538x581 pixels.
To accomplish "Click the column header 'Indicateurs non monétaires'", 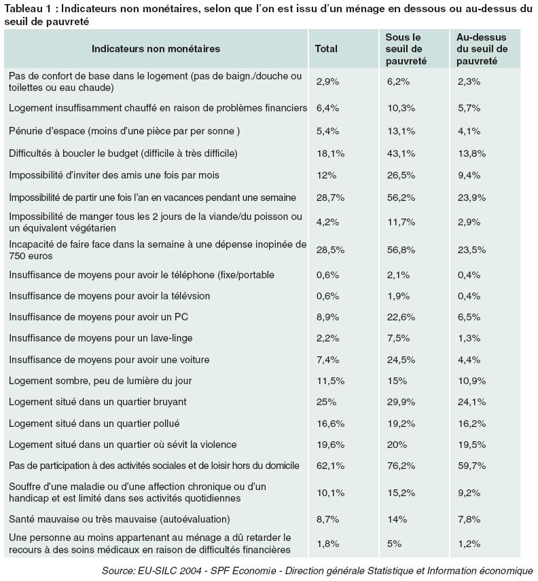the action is [x=156, y=49].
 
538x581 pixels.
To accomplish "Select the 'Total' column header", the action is [x=326, y=49].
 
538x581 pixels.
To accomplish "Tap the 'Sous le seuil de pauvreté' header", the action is [x=406, y=49].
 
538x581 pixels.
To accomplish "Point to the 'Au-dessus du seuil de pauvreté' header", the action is [x=482, y=49].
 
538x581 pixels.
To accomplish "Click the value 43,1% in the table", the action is [x=401, y=153].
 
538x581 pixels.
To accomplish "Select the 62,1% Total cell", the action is [x=330, y=466].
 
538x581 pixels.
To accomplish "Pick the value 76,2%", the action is [x=401, y=466].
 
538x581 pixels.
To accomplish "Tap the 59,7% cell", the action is [x=471, y=466].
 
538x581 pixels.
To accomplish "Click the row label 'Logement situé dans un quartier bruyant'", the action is [x=98, y=402].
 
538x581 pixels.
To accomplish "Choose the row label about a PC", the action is [x=98, y=317].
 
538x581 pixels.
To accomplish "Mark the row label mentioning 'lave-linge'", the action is [x=101, y=338].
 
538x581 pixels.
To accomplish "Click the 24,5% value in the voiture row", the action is [x=401, y=360].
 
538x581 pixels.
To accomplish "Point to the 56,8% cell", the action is [x=401, y=250].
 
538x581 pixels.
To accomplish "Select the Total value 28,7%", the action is [x=330, y=198].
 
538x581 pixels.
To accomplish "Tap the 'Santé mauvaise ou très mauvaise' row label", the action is [x=120, y=519].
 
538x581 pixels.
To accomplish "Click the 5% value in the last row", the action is [x=394, y=544].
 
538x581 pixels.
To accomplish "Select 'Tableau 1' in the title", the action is [x=26, y=9].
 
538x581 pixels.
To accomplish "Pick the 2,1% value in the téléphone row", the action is [x=398, y=275].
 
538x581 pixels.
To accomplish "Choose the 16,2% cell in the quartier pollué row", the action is [x=471, y=424].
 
